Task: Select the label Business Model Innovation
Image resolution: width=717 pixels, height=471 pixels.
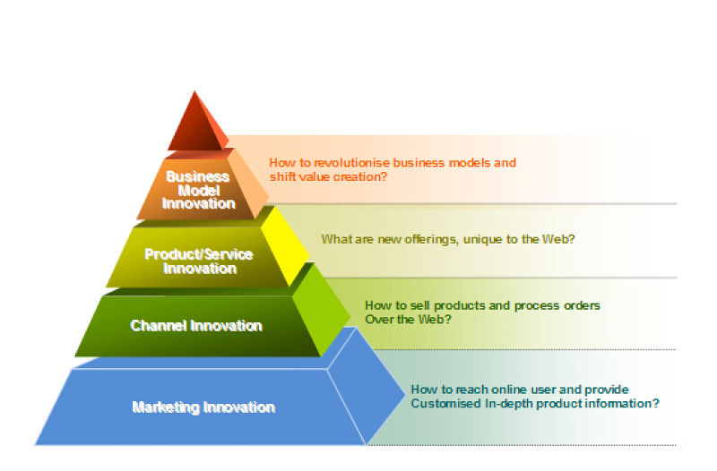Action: [x=198, y=190]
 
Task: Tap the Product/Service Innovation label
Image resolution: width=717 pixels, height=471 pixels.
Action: [x=199, y=261]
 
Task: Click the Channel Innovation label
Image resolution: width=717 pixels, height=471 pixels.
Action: [x=196, y=326]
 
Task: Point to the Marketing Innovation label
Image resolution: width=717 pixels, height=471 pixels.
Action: [x=203, y=407]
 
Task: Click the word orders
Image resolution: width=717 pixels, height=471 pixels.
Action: [x=581, y=305]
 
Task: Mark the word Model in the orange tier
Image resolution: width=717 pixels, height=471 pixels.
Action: [x=198, y=190]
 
